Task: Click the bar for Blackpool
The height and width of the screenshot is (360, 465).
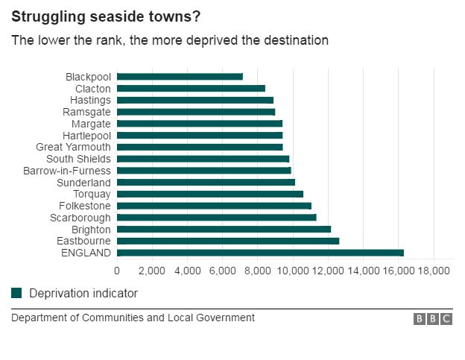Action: pos(180,77)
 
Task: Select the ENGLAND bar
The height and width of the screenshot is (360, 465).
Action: pos(260,253)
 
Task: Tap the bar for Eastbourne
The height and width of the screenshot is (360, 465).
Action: pos(228,241)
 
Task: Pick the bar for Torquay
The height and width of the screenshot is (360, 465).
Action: pos(210,195)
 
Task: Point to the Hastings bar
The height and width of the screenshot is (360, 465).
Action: pos(195,100)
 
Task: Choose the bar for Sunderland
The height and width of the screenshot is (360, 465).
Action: pos(206,183)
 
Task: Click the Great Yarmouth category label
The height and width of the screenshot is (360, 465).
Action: pos(73,147)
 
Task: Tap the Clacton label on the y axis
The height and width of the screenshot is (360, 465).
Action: pos(92,89)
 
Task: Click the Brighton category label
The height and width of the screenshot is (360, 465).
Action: pos(91,230)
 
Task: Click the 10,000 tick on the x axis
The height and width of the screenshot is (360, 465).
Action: pos(292,271)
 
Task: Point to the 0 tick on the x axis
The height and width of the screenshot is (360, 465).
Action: pos(117,271)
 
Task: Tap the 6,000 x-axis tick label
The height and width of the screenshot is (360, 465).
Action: pos(222,271)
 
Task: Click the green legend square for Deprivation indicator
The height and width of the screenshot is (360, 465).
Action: pos(16,294)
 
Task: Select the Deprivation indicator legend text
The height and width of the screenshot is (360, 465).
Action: pos(83,294)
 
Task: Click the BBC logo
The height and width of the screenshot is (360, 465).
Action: pos(433,319)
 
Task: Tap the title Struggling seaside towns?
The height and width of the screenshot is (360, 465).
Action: pos(105,16)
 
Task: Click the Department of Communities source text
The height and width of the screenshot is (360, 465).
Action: pos(133,318)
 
